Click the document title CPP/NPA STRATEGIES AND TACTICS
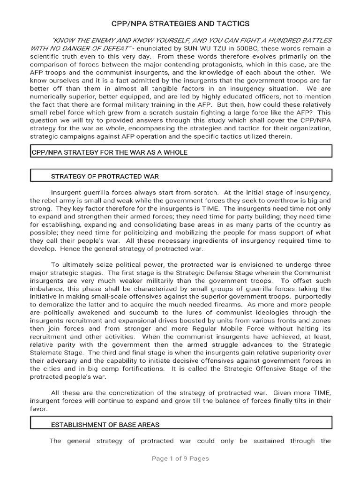(x=180, y=23)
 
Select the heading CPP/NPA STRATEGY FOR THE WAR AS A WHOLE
(x=110, y=153)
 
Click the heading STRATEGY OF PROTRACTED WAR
(x=105, y=176)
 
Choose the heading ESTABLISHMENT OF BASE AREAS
(x=105, y=425)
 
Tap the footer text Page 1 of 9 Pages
(x=180, y=458)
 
